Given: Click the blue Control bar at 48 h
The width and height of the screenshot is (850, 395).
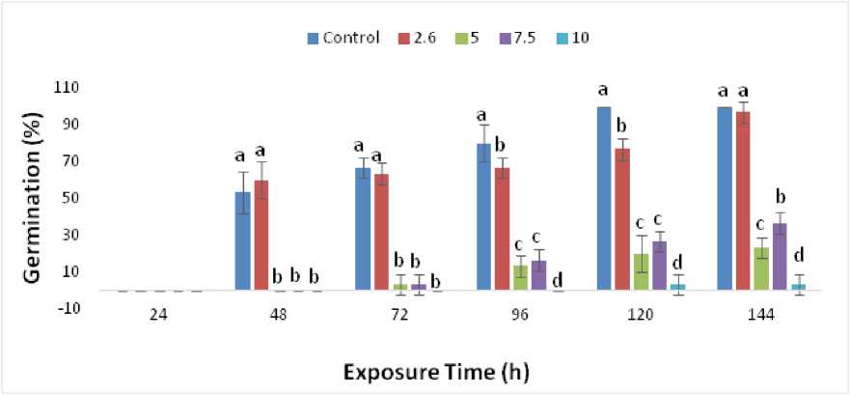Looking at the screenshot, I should pyautogui.click(x=243, y=241).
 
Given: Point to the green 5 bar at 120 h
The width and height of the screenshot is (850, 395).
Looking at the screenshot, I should pyautogui.click(x=641, y=271).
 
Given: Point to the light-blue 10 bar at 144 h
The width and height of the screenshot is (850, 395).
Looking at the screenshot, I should pyautogui.click(x=799, y=287).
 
